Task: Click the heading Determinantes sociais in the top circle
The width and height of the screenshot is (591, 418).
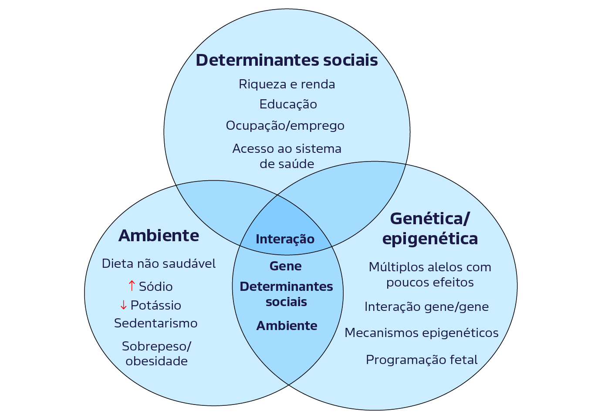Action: click(x=287, y=60)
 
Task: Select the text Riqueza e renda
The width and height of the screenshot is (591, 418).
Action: click(x=287, y=84)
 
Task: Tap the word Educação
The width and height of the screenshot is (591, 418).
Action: click(x=288, y=104)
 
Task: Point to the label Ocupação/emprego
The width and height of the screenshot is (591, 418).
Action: click(x=285, y=126)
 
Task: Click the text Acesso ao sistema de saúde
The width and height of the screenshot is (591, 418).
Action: click(x=287, y=156)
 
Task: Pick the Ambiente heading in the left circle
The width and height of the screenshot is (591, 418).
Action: click(x=159, y=236)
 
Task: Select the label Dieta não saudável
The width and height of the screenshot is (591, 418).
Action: click(x=159, y=263)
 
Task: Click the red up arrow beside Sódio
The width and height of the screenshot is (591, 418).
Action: click(x=132, y=286)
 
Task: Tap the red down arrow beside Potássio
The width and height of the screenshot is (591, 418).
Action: click(x=123, y=305)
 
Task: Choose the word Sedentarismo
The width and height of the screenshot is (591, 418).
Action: click(x=155, y=323)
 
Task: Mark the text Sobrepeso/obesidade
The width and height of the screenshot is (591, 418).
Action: click(x=156, y=354)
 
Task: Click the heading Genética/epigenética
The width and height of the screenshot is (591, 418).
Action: click(x=429, y=229)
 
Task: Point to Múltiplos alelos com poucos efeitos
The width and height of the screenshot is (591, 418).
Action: click(x=429, y=274)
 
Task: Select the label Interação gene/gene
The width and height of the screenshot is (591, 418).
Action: click(x=426, y=307)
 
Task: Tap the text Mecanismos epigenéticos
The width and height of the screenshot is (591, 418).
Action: click(x=421, y=333)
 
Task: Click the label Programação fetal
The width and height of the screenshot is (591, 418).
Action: click(x=421, y=360)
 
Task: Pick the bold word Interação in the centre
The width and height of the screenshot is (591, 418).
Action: click(x=285, y=239)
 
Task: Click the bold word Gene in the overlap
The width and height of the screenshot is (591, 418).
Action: click(x=285, y=266)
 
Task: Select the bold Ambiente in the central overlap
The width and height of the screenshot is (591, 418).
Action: click(x=287, y=326)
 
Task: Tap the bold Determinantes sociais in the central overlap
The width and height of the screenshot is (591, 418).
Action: click(x=286, y=294)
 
